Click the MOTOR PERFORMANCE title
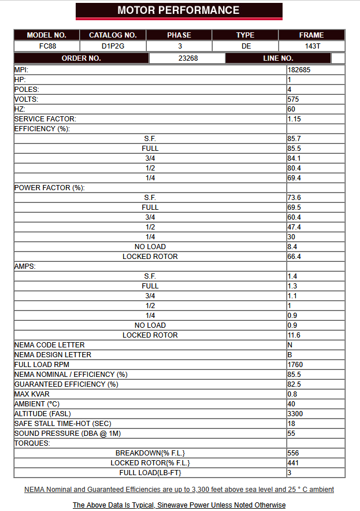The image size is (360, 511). [179, 10]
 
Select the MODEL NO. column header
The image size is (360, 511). [47, 35]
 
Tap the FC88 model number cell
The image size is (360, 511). [47, 46]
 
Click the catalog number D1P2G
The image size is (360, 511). [113, 46]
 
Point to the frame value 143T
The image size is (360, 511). [311, 46]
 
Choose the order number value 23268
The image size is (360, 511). [187, 58]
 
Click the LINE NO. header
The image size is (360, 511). [278, 58]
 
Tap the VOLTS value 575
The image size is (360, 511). [293, 99]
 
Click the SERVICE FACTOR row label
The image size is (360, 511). [45, 119]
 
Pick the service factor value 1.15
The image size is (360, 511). [295, 119]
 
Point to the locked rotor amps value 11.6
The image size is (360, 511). [294, 335]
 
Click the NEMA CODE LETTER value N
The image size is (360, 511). [290, 345]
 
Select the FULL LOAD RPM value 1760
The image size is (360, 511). [295, 365]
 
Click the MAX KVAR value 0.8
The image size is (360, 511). [292, 394]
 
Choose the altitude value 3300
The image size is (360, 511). [295, 414]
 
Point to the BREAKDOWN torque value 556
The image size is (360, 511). [293, 453]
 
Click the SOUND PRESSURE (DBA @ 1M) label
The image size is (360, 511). [68, 434]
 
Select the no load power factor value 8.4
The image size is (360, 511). [292, 247]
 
